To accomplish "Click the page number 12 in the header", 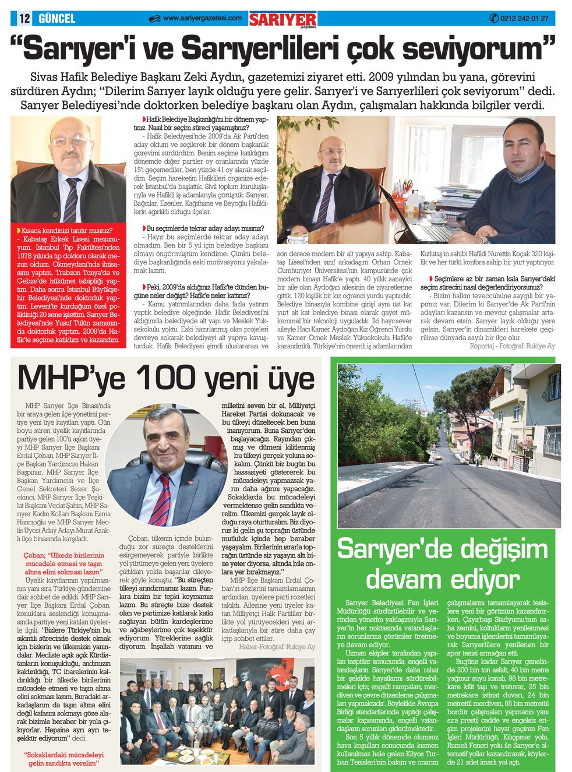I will (x=24, y=18).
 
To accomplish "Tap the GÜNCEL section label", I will (x=57, y=18).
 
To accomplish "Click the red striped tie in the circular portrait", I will (x=160, y=499).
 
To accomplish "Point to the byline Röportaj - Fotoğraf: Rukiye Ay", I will (x=512, y=346).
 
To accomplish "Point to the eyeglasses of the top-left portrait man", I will (x=71, y=141).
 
